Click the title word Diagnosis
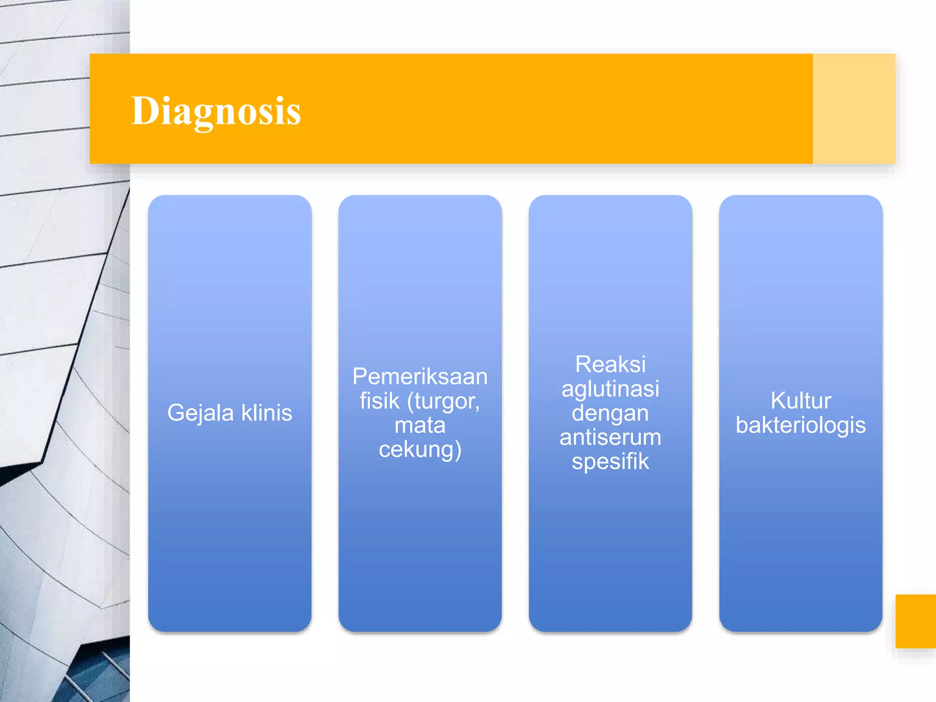(x=216, y=111)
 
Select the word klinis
(x=266, y=412)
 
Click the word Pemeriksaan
(x=420, y=377)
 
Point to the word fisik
(x=379, y=401)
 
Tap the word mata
(x=420, y=425)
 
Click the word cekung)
(x=420, y=450)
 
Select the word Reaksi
(x=610, y=364)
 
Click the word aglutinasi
(x=610, y=389)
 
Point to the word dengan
(x=610, y=413)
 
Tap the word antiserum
(x=610, y=437)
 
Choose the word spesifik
(x=610, y=462)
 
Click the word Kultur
(x=800, y=401)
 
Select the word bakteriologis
(x=800, y=425)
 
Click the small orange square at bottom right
(x=915, y=621)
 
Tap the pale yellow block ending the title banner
(x=854, y=109)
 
